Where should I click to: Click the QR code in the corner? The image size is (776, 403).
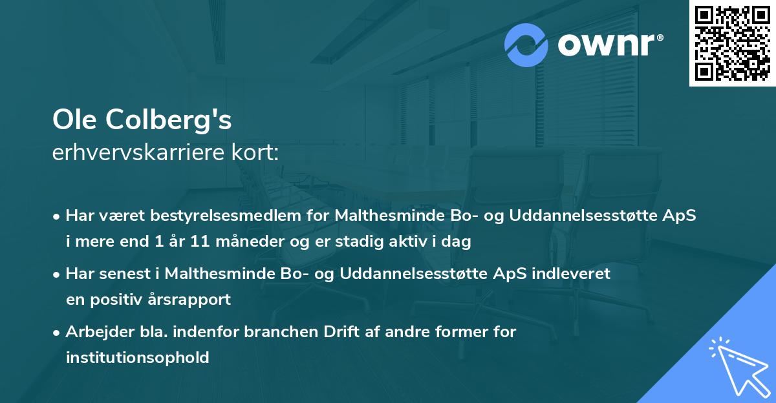tap(732, 43)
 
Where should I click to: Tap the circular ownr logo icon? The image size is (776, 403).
tap(527, 45)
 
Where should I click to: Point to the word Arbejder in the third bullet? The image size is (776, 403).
tap(94, 331)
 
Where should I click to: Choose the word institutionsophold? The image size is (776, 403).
tap(137, 357)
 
